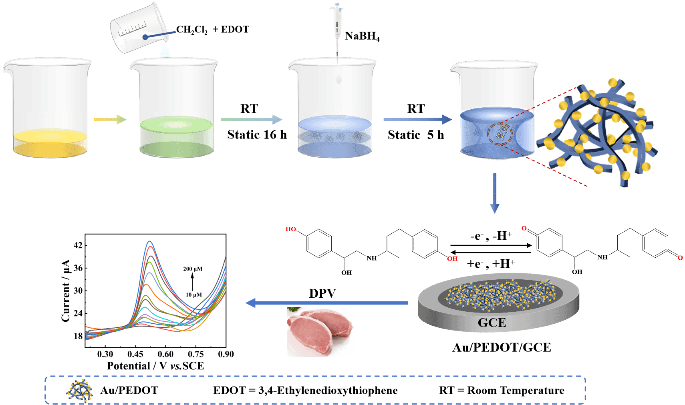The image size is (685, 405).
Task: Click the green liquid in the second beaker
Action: pos(176,138)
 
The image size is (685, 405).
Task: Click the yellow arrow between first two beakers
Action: pos(110,119)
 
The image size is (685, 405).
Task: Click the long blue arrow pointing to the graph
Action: pos(326,303)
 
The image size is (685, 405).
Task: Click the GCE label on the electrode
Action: pos(492,323)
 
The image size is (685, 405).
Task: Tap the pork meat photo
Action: pos(320,332)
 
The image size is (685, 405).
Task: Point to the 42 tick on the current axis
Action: pos(78,245)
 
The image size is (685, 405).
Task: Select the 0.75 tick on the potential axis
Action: pos(196,354)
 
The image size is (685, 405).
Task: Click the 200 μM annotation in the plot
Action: pos(193,269)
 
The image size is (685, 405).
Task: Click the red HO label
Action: pos(291,229)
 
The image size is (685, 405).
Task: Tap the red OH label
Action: pos(452,259)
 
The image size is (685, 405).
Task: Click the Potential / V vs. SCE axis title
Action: pos(155,365)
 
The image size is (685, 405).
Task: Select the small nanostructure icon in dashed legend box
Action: pos(79,390)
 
